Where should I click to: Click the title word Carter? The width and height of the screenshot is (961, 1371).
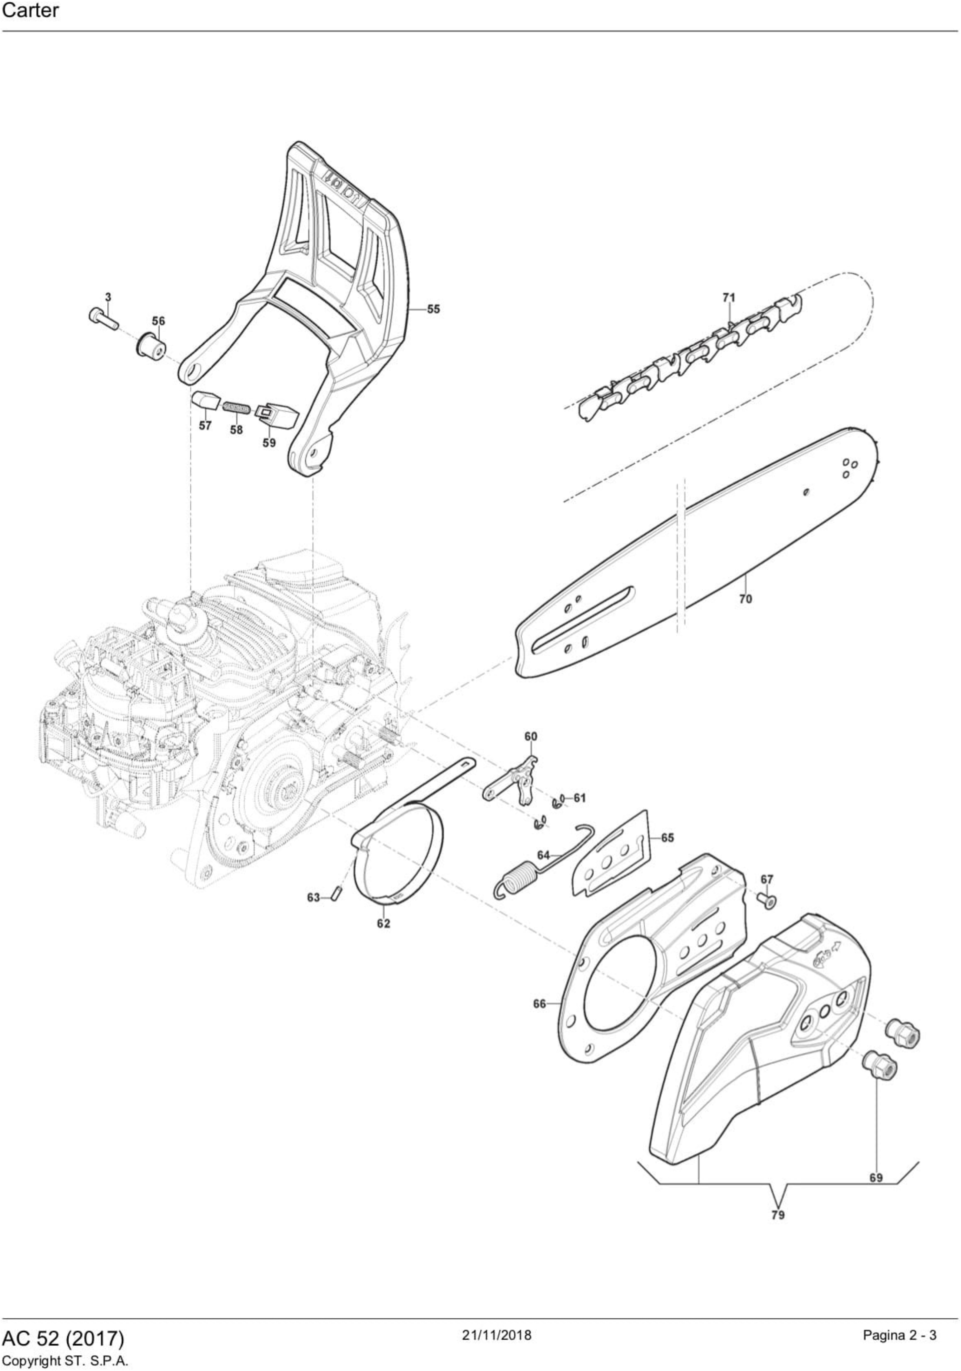[x=30, y=11]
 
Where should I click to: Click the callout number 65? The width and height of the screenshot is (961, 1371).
[x=667, y=838]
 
